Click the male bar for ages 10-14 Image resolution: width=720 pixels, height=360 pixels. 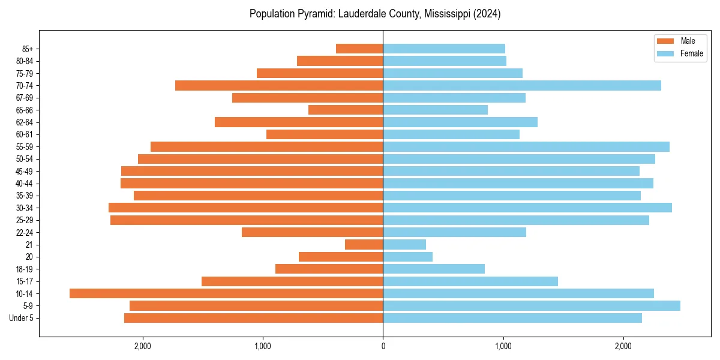click(x=226, y=293)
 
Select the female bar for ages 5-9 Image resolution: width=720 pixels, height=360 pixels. click(x=532, y=306)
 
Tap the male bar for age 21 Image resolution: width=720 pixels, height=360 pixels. click(x=364, y=245)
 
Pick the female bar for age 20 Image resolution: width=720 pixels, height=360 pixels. click(x=408, y=257)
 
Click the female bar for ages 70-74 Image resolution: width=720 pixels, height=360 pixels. click(x=522, y=86)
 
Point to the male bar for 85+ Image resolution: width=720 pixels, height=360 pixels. click(x=359, y=49)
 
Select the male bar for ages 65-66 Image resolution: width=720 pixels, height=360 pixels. click(x=346, y=110)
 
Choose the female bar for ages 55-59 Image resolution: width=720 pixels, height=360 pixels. click(x=526, y=147)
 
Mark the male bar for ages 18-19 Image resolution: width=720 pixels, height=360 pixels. click(x=329, y=269)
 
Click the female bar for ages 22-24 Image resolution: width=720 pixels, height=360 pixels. click(x=455, y=232)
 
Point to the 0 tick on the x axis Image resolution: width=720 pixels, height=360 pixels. click(x=383, y=346)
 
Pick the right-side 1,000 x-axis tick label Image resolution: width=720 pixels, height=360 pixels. click(x=503, y=346)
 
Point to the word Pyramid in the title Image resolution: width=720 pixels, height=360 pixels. click(x=317, y=14)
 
